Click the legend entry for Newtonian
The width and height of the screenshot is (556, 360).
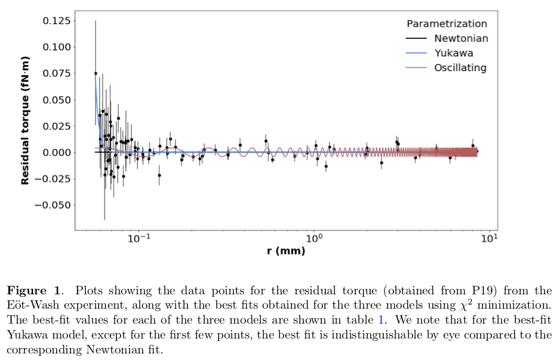[460, 38]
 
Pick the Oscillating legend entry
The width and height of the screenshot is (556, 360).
[460, 67]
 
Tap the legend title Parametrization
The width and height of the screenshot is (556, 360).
[447, 24]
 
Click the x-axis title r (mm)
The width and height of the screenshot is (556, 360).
[285, 251]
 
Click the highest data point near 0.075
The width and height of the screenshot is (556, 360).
[96, 73]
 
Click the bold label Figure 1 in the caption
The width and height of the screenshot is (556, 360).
[33, 291]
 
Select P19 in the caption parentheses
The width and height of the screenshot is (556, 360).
[462, 291]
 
